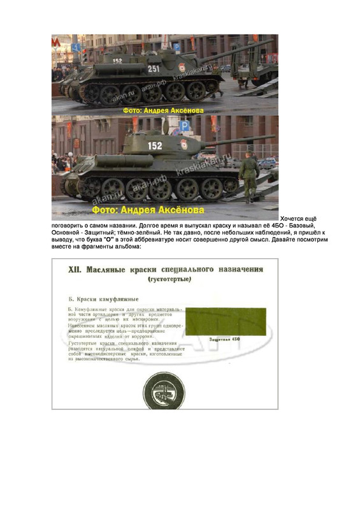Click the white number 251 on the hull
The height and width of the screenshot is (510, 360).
tap(154, 68)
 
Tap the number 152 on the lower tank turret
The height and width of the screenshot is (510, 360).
tap(155, 145)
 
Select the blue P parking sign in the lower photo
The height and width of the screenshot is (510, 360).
tap(184, 127)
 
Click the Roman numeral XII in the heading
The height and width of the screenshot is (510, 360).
tap(76, 270)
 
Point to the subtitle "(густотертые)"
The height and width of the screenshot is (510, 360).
tap(169, 280)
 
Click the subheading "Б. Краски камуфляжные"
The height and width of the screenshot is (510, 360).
tap(103, 298)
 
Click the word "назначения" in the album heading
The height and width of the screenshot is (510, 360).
tap(238, 270)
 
